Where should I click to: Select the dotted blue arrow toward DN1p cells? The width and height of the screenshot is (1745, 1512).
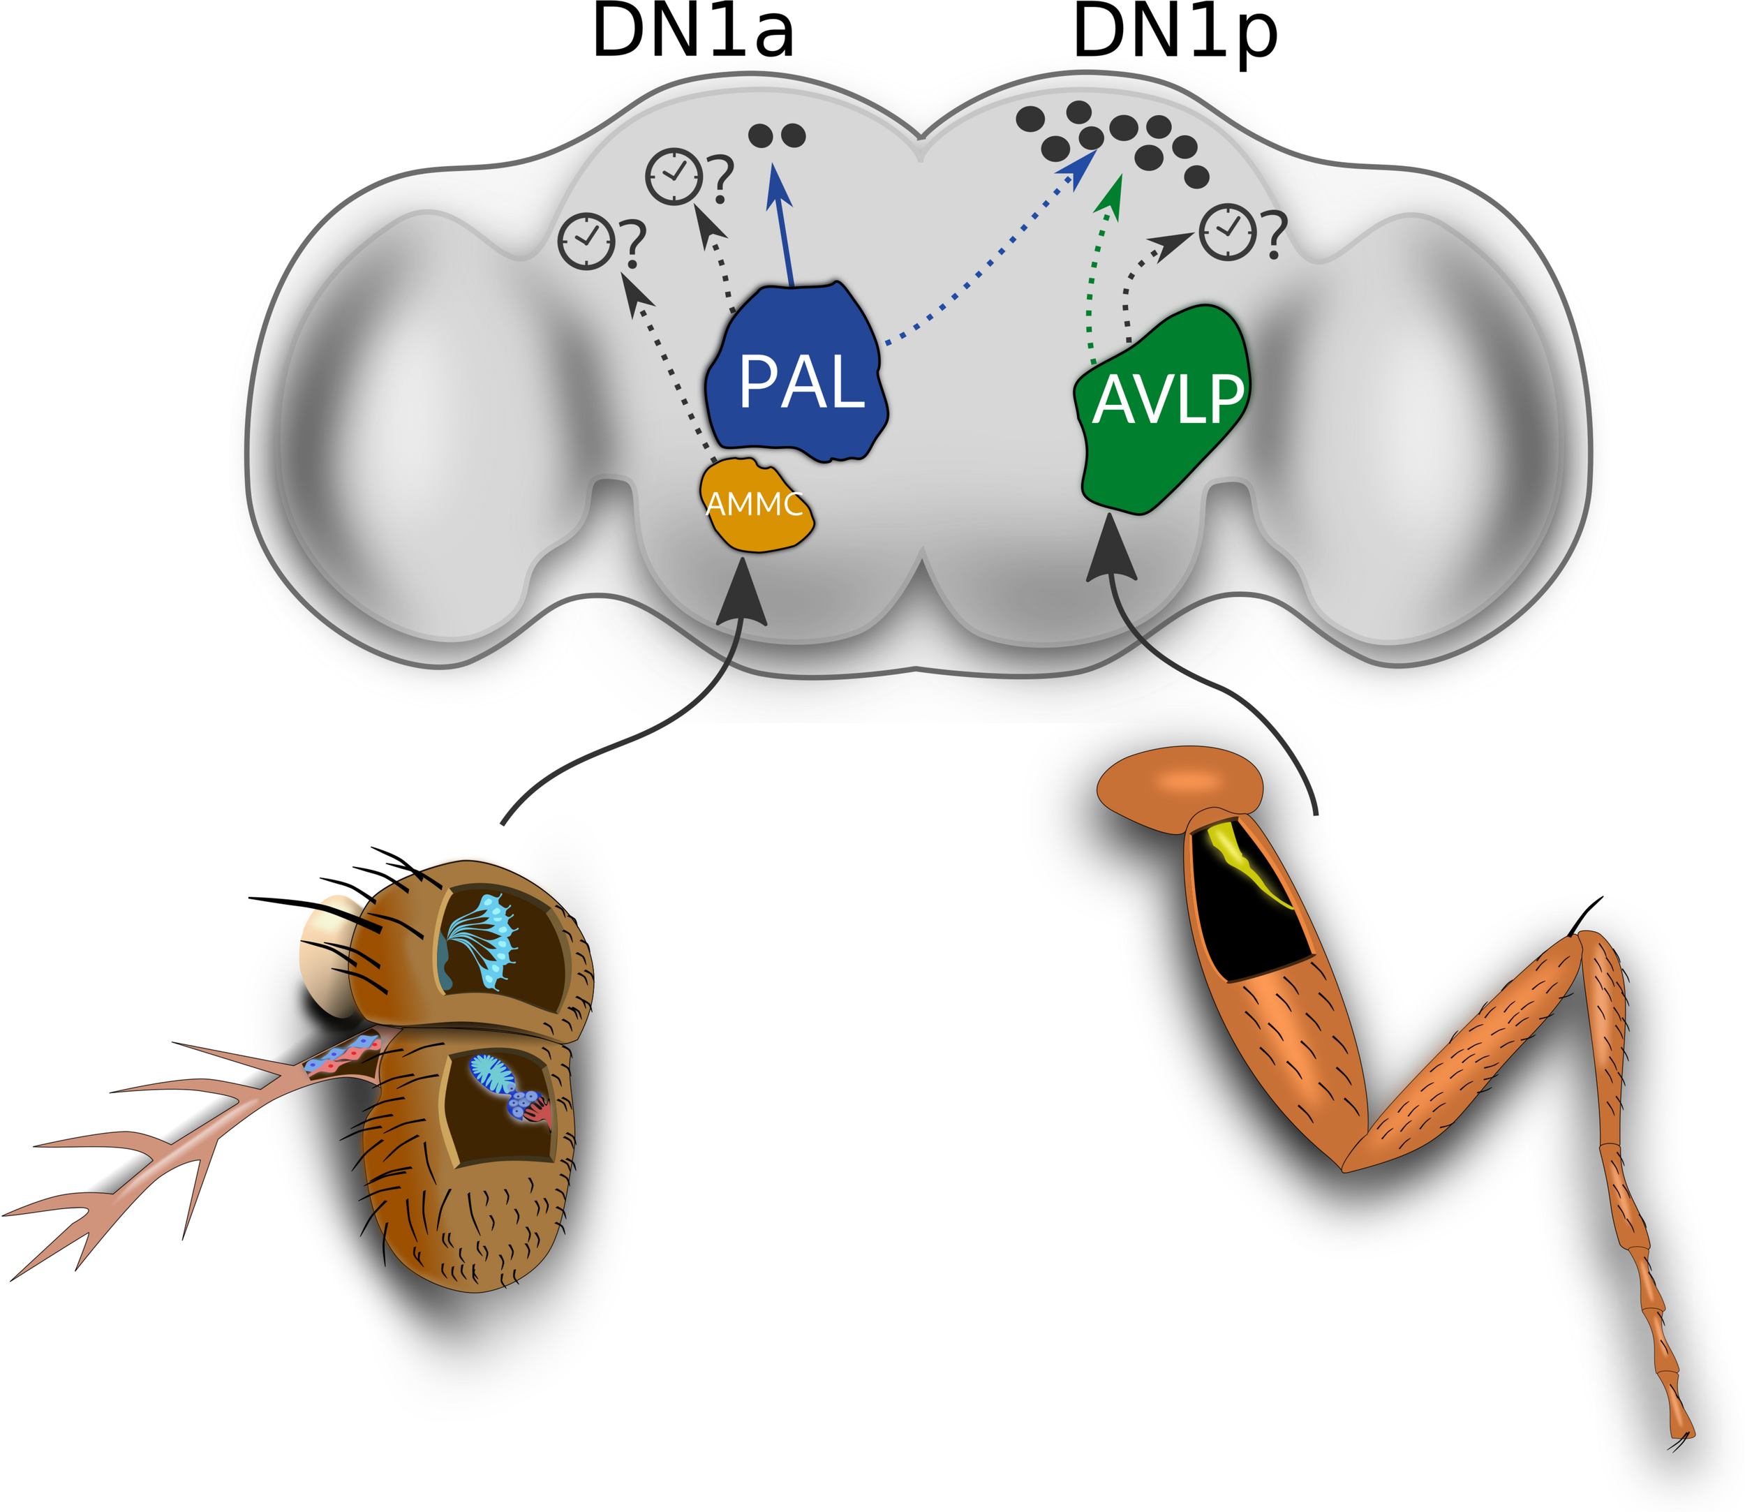[x=987, y=253]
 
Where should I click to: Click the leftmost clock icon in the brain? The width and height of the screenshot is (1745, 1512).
[x=586, y=242]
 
